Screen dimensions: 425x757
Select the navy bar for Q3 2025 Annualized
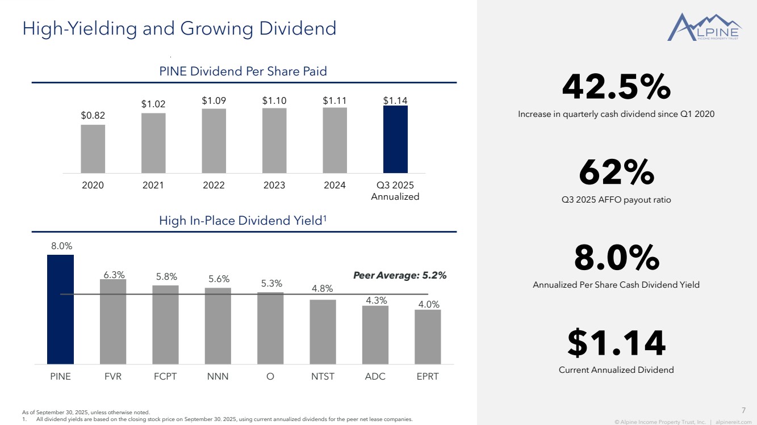(395, 140)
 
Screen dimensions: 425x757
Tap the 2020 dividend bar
(93, 149)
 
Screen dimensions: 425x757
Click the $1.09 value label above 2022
(214, 100)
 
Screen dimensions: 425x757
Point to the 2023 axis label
(274, 185)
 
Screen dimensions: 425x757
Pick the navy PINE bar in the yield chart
(60, 309)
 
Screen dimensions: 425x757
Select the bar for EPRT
(428, 336)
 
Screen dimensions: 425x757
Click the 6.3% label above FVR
(114, 275)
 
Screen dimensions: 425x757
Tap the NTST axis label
(323, 376)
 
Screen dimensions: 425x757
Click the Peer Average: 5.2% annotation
(400, 276)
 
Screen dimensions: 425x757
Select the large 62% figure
(616, 173)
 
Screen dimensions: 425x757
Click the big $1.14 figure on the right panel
(616, 343)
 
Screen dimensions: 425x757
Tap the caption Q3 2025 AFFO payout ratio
(616, 200)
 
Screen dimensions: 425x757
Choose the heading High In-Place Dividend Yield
(242, 220)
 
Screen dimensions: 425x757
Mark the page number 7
(744, 410)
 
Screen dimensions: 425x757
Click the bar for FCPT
(165, 325)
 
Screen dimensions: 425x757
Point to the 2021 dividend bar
(153, 143)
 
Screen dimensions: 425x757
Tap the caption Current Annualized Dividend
(616, 370)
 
